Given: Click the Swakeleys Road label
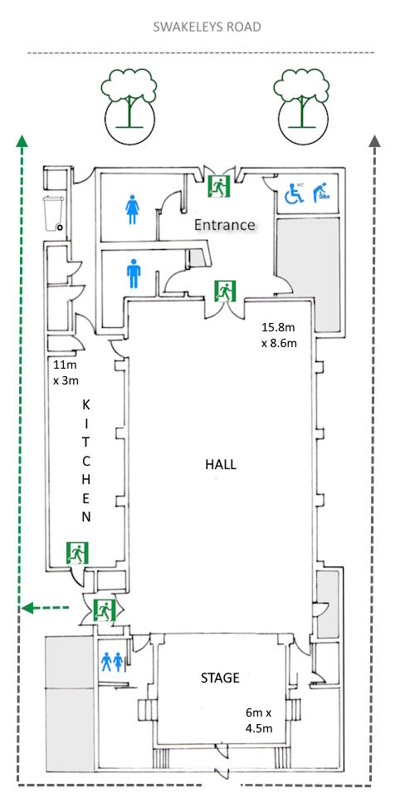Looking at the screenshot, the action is [207, 27].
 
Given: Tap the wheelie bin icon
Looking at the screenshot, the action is [54, 213].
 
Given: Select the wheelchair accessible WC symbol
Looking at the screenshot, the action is [294, 192].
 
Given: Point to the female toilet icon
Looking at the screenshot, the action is [133, 209].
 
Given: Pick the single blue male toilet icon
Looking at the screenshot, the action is [134, 273].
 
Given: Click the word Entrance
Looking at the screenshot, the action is [224, 224].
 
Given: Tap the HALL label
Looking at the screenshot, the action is [221, 464].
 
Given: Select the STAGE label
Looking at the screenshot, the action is [220, 678].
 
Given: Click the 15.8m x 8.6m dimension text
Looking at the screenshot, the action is [279, 335].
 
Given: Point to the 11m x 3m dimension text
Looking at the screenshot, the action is [66, 372].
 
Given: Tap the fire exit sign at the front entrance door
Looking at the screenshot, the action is [219, 185].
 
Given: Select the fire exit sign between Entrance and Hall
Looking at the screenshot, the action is [225, 291].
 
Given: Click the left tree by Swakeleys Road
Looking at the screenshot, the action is [129, 105].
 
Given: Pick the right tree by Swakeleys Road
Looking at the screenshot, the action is [301, 105].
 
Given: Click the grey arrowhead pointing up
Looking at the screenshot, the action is [375, 141].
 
